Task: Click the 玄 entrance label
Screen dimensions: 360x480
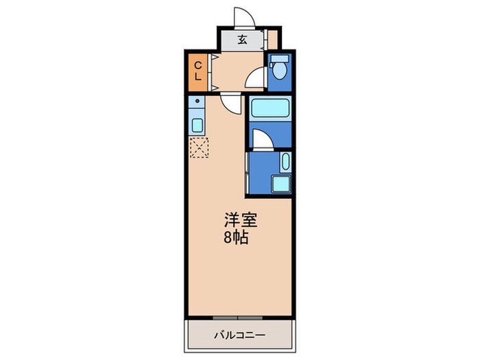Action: point(242,38)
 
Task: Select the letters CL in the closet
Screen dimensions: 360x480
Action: point(197,71)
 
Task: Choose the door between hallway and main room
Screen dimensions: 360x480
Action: point(231,104)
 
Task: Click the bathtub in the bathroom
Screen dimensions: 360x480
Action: point(269,108)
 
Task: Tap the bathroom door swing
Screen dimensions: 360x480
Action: point(262,140)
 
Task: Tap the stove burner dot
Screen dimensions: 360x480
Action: point(198,102)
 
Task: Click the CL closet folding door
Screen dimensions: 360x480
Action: point(213,71)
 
